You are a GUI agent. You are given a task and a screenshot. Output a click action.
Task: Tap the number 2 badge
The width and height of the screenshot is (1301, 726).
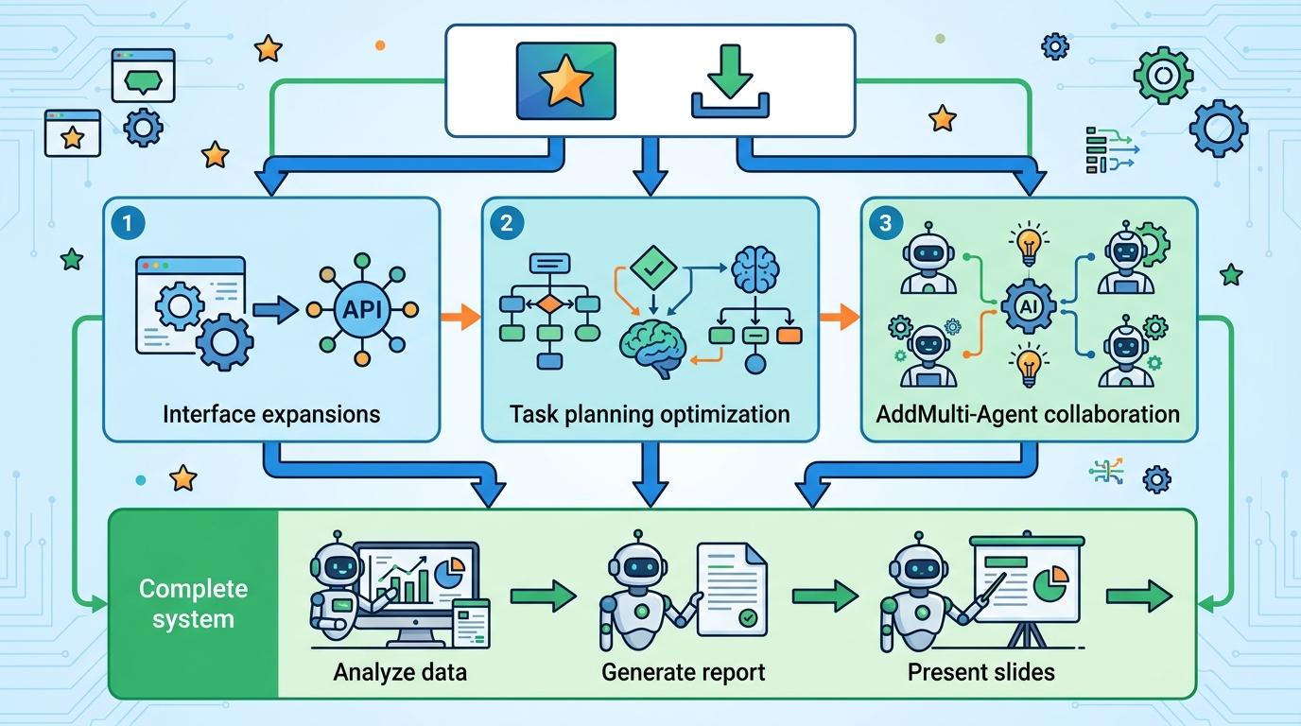click(507, 223)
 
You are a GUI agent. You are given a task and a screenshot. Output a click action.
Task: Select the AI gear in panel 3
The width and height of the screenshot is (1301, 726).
click(1028, 304)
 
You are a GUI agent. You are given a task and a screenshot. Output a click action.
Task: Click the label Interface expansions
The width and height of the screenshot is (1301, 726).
click(271, 414)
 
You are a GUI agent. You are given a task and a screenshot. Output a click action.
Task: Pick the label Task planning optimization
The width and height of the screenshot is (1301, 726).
click(650, 414)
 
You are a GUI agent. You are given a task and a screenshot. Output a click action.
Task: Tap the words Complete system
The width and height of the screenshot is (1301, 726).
click(193, 604)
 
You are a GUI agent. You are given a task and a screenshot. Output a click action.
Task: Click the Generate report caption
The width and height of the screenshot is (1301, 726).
click(683, 673)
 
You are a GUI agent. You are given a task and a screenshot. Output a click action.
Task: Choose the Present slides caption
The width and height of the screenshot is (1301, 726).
click(981, 673)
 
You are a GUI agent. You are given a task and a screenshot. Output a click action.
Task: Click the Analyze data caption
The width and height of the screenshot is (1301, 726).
click(400, 673)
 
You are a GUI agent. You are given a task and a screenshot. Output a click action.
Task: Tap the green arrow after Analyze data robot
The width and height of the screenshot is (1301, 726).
click(543, 596)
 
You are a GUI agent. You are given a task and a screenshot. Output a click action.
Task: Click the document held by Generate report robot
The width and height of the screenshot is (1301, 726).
click(731, 590)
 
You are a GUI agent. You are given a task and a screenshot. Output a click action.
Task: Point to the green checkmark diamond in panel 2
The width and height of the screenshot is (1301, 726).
click(653, 267)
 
